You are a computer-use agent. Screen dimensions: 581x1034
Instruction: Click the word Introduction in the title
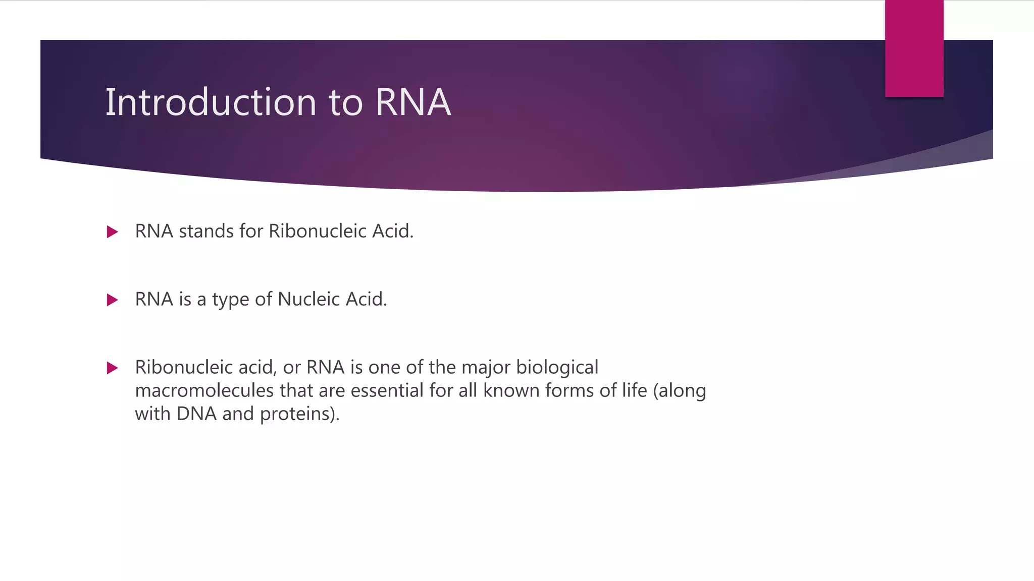click(x=211, y=102)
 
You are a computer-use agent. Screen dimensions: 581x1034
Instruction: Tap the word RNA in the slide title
click(x=412, y=102)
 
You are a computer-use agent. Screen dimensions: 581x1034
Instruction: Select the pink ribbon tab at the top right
click(x=914, y=48)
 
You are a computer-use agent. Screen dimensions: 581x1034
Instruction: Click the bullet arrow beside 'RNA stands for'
click(x=113, y=232)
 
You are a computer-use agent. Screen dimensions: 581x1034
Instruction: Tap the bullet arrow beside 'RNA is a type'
click(x=113, y=300)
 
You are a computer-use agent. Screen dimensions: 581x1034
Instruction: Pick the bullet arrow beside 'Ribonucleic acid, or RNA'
click(x=113, y=368)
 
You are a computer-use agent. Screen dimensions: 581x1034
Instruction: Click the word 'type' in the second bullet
click(x=230, y=300)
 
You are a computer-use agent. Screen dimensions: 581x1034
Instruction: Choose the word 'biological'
click(x=557, y=368)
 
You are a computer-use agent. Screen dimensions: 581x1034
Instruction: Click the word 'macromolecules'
click(x=204, y=390)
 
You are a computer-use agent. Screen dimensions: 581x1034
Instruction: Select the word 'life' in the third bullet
click(x=634, y=390)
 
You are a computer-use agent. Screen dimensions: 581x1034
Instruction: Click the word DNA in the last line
click(x=196, y=414)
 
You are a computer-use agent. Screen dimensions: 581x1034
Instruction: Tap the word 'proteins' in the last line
click(x=298, y=414)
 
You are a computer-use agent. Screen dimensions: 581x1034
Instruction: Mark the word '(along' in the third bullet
click(x=680, y=391)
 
